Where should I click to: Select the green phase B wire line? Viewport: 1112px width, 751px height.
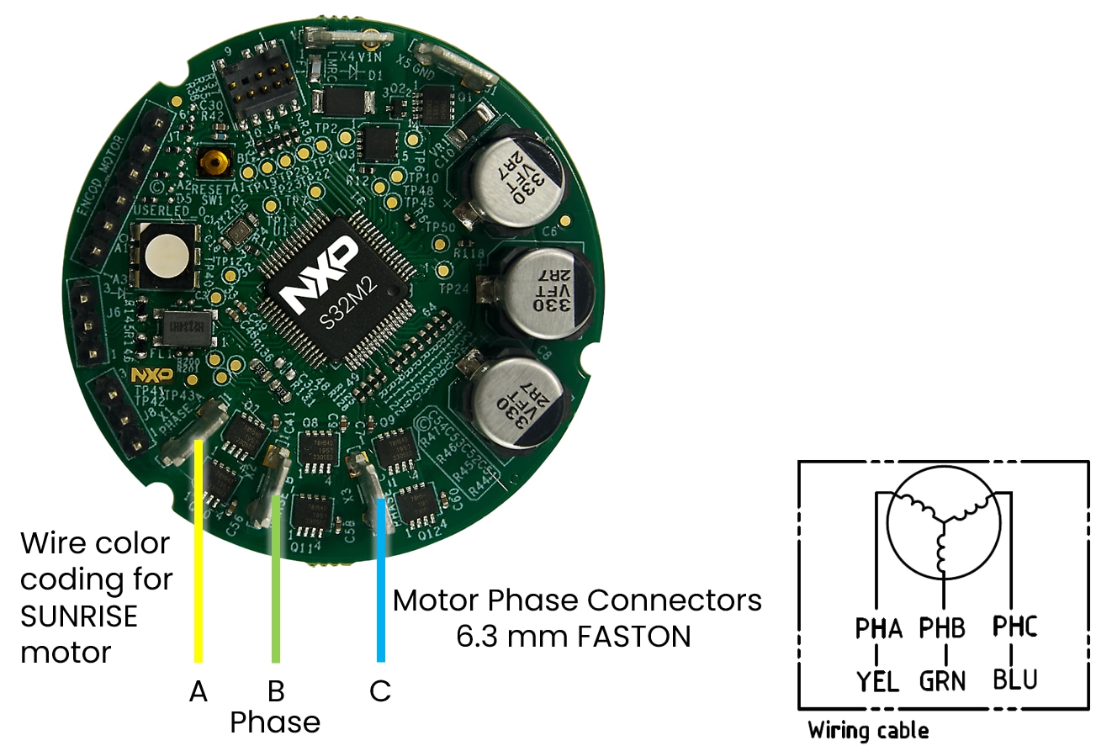tap(275, 589)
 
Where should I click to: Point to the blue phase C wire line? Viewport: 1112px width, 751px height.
tap(380, 589)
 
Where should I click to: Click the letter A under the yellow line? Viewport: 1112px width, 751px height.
tap(198, 691)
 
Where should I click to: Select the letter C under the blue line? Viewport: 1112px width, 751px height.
tap(380, 691)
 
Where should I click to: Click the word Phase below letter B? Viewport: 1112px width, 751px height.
tap(275, 722)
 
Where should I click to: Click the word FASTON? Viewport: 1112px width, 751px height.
tap(634, 636)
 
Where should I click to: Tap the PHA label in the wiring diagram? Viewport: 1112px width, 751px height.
tap(878, 627)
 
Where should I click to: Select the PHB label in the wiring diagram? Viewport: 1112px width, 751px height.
tap(942, 627)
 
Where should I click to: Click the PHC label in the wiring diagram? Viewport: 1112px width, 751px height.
tap(1014, 627)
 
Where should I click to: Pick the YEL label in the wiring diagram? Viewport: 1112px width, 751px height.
tap(878, 680)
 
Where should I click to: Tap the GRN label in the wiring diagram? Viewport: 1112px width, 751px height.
tap(942, 680)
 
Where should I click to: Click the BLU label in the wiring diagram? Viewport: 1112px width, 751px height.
tap(1014, 679)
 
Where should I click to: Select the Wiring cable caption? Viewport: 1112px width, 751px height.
tap(868, 730)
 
